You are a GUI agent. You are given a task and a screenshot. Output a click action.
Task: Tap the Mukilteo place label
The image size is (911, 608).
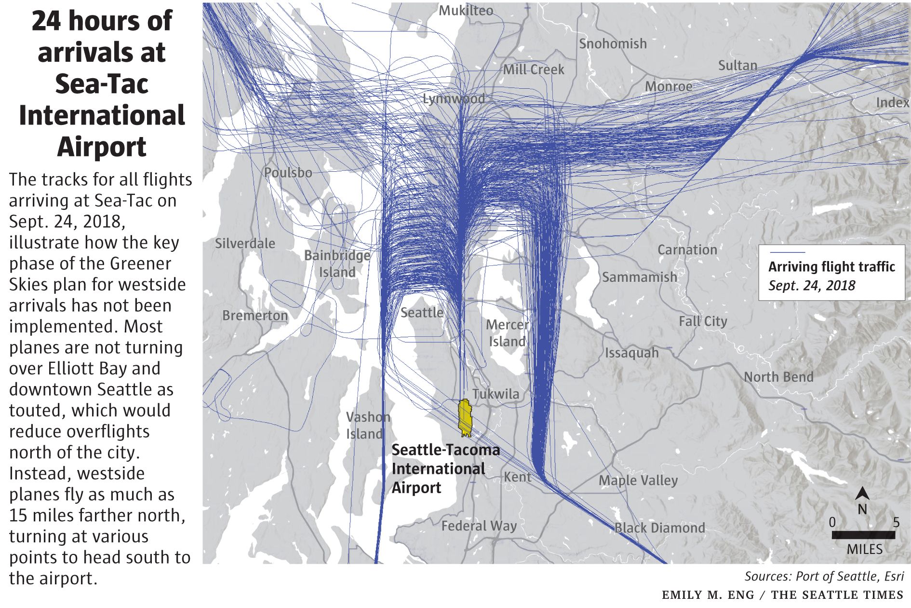(x=466, y=11)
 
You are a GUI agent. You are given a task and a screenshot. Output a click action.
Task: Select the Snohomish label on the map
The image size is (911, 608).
(x=613, y=44)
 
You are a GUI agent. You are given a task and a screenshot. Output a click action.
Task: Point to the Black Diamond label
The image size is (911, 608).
(x=659, y=528)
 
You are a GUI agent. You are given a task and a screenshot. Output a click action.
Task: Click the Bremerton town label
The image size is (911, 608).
(x=255, y=316)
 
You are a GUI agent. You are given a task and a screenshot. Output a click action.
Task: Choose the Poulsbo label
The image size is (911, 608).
(x=288, y=173)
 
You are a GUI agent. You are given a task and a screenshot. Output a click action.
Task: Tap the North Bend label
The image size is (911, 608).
(x=778, y=377)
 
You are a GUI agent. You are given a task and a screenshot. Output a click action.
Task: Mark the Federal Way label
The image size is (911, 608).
(x=479, y=526)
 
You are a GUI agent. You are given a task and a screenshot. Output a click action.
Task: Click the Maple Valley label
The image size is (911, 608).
(x=638, y=481)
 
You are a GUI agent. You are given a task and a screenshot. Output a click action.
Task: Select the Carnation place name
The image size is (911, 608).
(x=687, y=250)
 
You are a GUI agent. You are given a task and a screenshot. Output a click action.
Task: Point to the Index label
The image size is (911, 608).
(x=892, y=103)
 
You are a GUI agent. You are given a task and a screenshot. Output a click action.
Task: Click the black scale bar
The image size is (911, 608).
(x=863, y=535)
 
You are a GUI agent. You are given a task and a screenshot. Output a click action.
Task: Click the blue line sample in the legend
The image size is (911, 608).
(x=787, y=252)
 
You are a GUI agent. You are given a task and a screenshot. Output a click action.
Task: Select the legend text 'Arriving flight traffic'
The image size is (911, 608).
(x=831, y=267)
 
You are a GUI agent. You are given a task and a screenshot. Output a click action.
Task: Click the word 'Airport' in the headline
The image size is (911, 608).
(x=102, y=147)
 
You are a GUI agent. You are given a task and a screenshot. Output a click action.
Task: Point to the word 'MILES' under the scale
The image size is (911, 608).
(x=865, y=550)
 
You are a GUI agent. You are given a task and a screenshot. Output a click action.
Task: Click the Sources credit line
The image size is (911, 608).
(x=824, y=577)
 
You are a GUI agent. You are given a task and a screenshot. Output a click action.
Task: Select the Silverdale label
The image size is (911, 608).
(x=245, y=244)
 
